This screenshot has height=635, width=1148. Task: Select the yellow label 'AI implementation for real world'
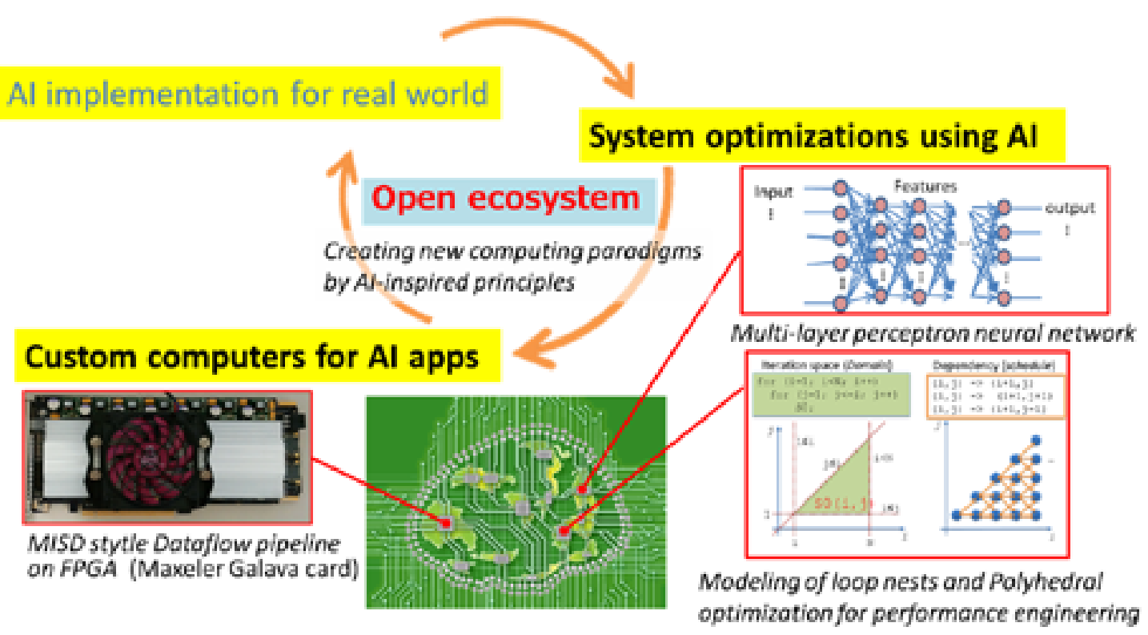pyautogui.click(x=248, y=94)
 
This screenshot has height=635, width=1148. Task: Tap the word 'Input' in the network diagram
pyautogui.click(x=773, y=192)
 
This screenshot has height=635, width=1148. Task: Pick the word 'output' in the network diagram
pyautogui.click(x=1070, y=208)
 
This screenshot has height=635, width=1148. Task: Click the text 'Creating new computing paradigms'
pyautogui.click(x=512, y=251)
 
